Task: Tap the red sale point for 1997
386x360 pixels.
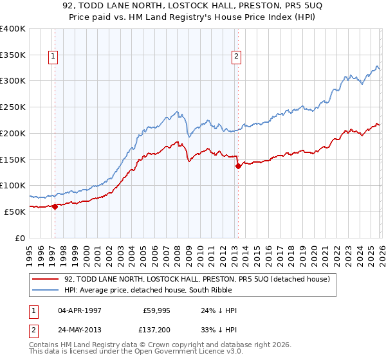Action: (x=55, y=206)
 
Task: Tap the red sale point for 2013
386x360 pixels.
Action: (x=238, y=166)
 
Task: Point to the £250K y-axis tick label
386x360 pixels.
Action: (x=12, y=107)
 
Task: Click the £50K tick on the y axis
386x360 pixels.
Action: (x=14, y=212)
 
